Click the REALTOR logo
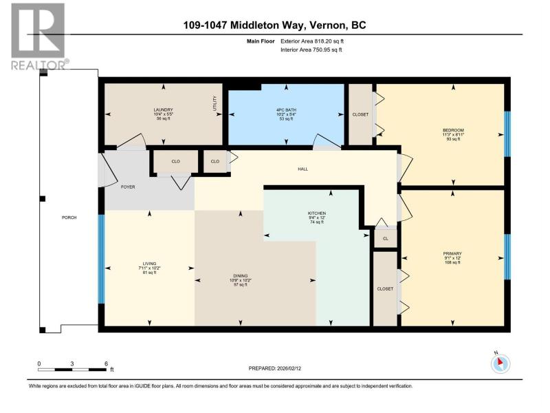(38, 36)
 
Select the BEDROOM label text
(453, 130)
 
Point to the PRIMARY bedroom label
(452, 253)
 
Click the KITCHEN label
(317, 213)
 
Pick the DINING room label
(240, 276)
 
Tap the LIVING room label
(149, 264)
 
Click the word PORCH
(69, 218)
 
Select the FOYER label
(128, 187)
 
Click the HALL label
(303, 169)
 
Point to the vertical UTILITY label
(214, 104)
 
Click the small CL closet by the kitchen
(386, 239)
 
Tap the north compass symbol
(500, 363)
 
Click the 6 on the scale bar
(106, 364)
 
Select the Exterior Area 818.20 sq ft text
(312, 41)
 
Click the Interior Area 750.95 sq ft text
(311, 50)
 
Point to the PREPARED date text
(274, 368)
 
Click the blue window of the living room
(101, 259)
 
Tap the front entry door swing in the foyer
(108, 169)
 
